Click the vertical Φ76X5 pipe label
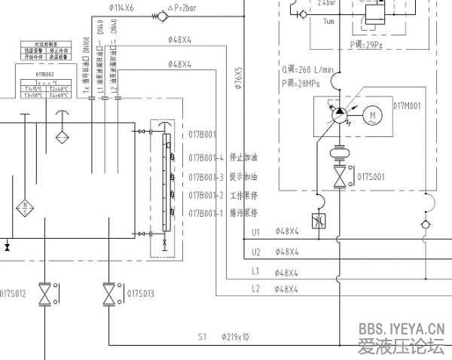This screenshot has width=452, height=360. click(x=238, y=80)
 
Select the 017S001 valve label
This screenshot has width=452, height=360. click(x=371, y=177)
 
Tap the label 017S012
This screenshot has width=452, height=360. click(x=13, y=292)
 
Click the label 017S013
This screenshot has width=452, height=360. click(x=141, y=292)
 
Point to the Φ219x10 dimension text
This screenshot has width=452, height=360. click(x=235, y=337)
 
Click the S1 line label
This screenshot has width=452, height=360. click(x=202, y=337)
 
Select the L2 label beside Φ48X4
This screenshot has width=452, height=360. click(x=255, y=289)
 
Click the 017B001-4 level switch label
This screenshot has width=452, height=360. click(x=207, y=157)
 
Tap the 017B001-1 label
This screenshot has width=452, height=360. click(x=207, y=213)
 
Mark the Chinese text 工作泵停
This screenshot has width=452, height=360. click(x=243, y=195)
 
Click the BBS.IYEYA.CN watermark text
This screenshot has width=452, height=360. click(x=402, y=328)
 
